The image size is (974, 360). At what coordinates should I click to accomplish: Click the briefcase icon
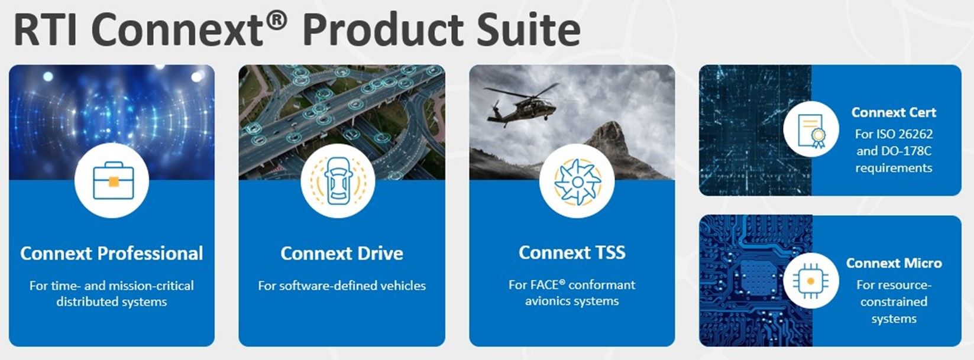[113, 180]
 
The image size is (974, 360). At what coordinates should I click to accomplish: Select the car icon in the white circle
[338, 181]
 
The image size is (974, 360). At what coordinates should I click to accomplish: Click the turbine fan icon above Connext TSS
[577, 181]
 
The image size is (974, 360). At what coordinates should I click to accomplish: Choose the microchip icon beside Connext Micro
[811, 281]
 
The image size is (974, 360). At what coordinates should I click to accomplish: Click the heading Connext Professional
[111, 254]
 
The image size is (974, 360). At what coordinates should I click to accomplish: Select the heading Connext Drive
[342, 254]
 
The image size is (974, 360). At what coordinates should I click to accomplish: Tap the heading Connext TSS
[572, 252]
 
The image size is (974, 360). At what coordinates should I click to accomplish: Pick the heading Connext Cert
[894, 112]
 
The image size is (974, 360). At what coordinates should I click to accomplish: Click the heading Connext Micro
[894, 263]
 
